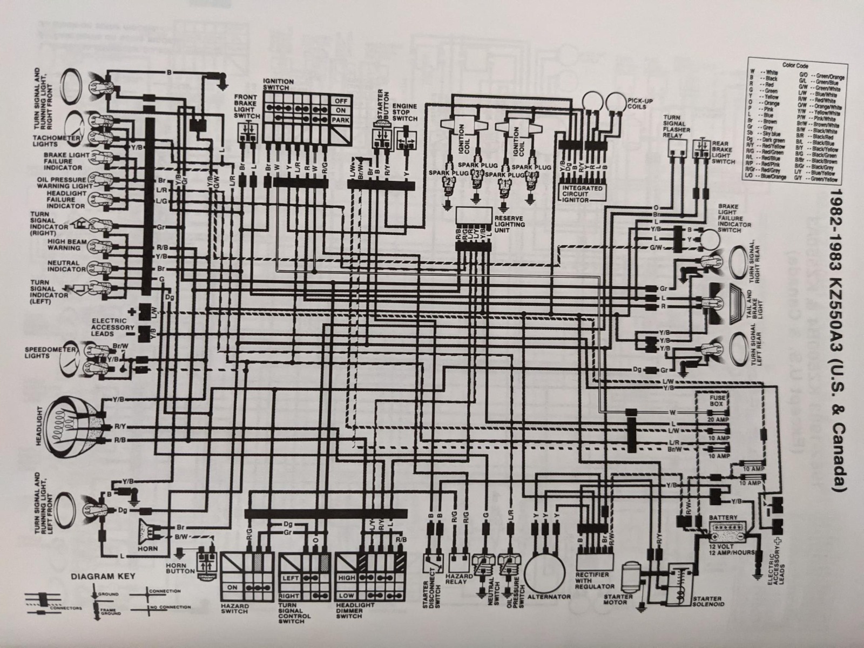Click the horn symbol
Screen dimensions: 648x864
[x=150, y=532]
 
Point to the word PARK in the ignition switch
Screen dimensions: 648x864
[x=340, y=119]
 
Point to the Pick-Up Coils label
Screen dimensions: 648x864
[x=641, y=103]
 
